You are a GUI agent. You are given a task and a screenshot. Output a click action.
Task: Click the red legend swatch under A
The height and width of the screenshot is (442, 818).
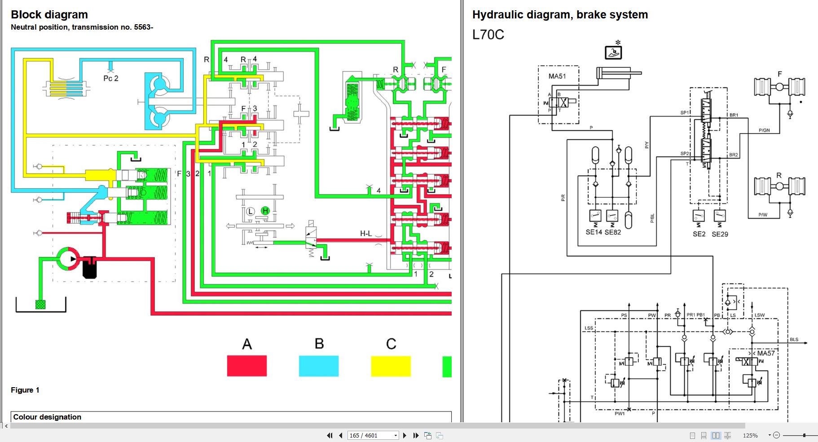246,366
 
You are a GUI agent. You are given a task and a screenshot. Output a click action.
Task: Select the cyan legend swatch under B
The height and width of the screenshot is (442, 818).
319,366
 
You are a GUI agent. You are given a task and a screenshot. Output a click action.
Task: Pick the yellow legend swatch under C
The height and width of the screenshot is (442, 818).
391,366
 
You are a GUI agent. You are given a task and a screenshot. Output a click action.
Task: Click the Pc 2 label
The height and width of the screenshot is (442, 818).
111,78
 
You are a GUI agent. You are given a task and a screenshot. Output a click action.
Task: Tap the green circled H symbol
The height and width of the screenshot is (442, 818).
265,211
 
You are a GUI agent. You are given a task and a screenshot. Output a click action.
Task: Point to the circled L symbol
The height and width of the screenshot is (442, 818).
250,211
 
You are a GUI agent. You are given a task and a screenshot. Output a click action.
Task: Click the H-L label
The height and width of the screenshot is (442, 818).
366,234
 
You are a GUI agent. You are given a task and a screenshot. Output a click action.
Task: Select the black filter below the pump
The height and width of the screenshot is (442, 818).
90,268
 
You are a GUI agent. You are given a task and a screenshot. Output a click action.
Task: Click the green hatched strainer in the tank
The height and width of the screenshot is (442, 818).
41,305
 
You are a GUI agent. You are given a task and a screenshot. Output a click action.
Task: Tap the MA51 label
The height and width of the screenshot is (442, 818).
557,76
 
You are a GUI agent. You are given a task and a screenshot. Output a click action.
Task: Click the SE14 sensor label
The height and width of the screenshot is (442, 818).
594,232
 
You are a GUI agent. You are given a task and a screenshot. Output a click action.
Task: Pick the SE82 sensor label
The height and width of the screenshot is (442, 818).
613,232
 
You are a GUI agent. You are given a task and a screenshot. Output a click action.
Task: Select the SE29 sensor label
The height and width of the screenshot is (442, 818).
720,234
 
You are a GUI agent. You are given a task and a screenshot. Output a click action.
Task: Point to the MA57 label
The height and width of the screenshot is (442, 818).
766,353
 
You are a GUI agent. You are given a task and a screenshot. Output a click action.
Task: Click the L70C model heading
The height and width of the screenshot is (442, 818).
488,35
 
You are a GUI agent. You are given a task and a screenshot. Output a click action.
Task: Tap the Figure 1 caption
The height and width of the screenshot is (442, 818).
25,390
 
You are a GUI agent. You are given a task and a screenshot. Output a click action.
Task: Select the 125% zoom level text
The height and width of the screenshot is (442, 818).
750,435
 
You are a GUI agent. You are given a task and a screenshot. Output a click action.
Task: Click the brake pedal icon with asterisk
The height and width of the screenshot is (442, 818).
613,52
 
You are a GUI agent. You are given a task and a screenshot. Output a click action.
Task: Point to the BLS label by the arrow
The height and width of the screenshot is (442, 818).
794,340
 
